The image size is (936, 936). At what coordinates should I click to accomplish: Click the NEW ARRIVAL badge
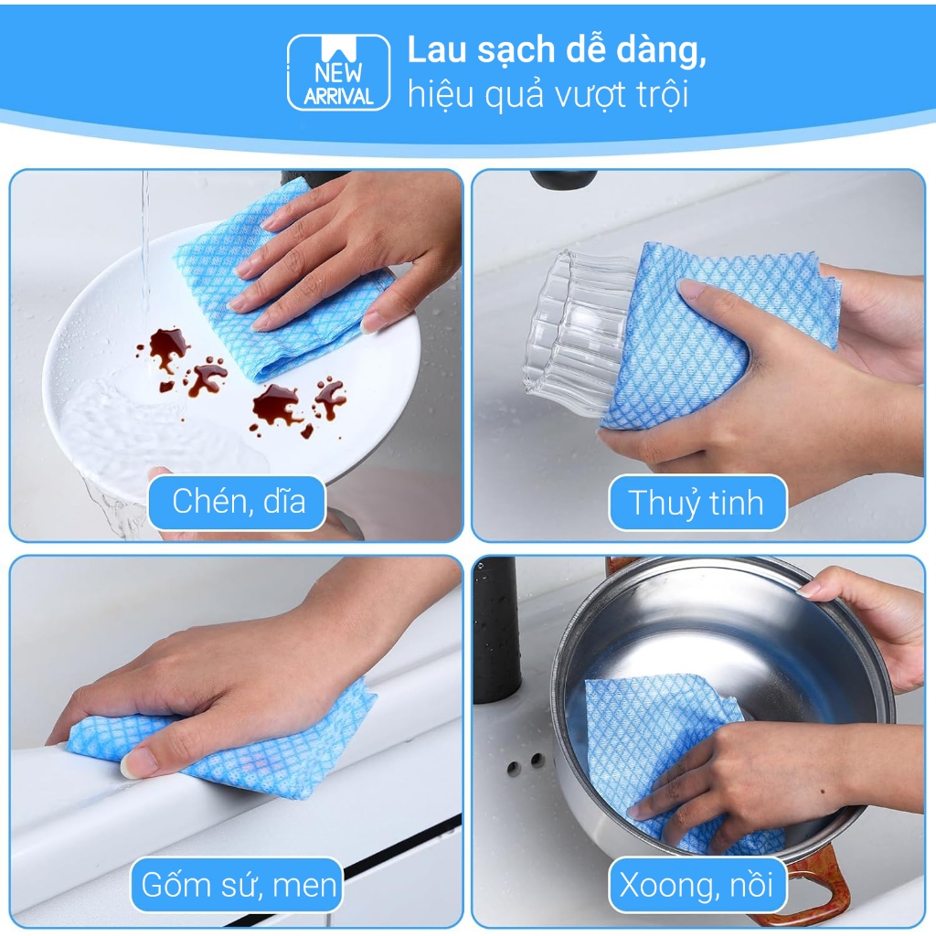(x=338, y=72)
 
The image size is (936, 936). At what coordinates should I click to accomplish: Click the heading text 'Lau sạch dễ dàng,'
(x=557, y=50)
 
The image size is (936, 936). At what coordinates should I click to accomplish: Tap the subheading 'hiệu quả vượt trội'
(x=548, y=95)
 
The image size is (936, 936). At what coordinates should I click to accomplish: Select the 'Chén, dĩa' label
(x=238, y=502)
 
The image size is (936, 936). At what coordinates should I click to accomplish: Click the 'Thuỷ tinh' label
(x=697, y=503)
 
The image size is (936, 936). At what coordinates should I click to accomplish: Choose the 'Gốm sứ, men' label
(x=238, y=884)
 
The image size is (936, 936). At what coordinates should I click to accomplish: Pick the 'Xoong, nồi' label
(x=697, y=884)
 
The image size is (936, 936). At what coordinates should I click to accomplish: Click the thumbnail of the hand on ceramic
(x=237, y=740)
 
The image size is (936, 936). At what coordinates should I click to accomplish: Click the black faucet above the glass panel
(x=563, y=178)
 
